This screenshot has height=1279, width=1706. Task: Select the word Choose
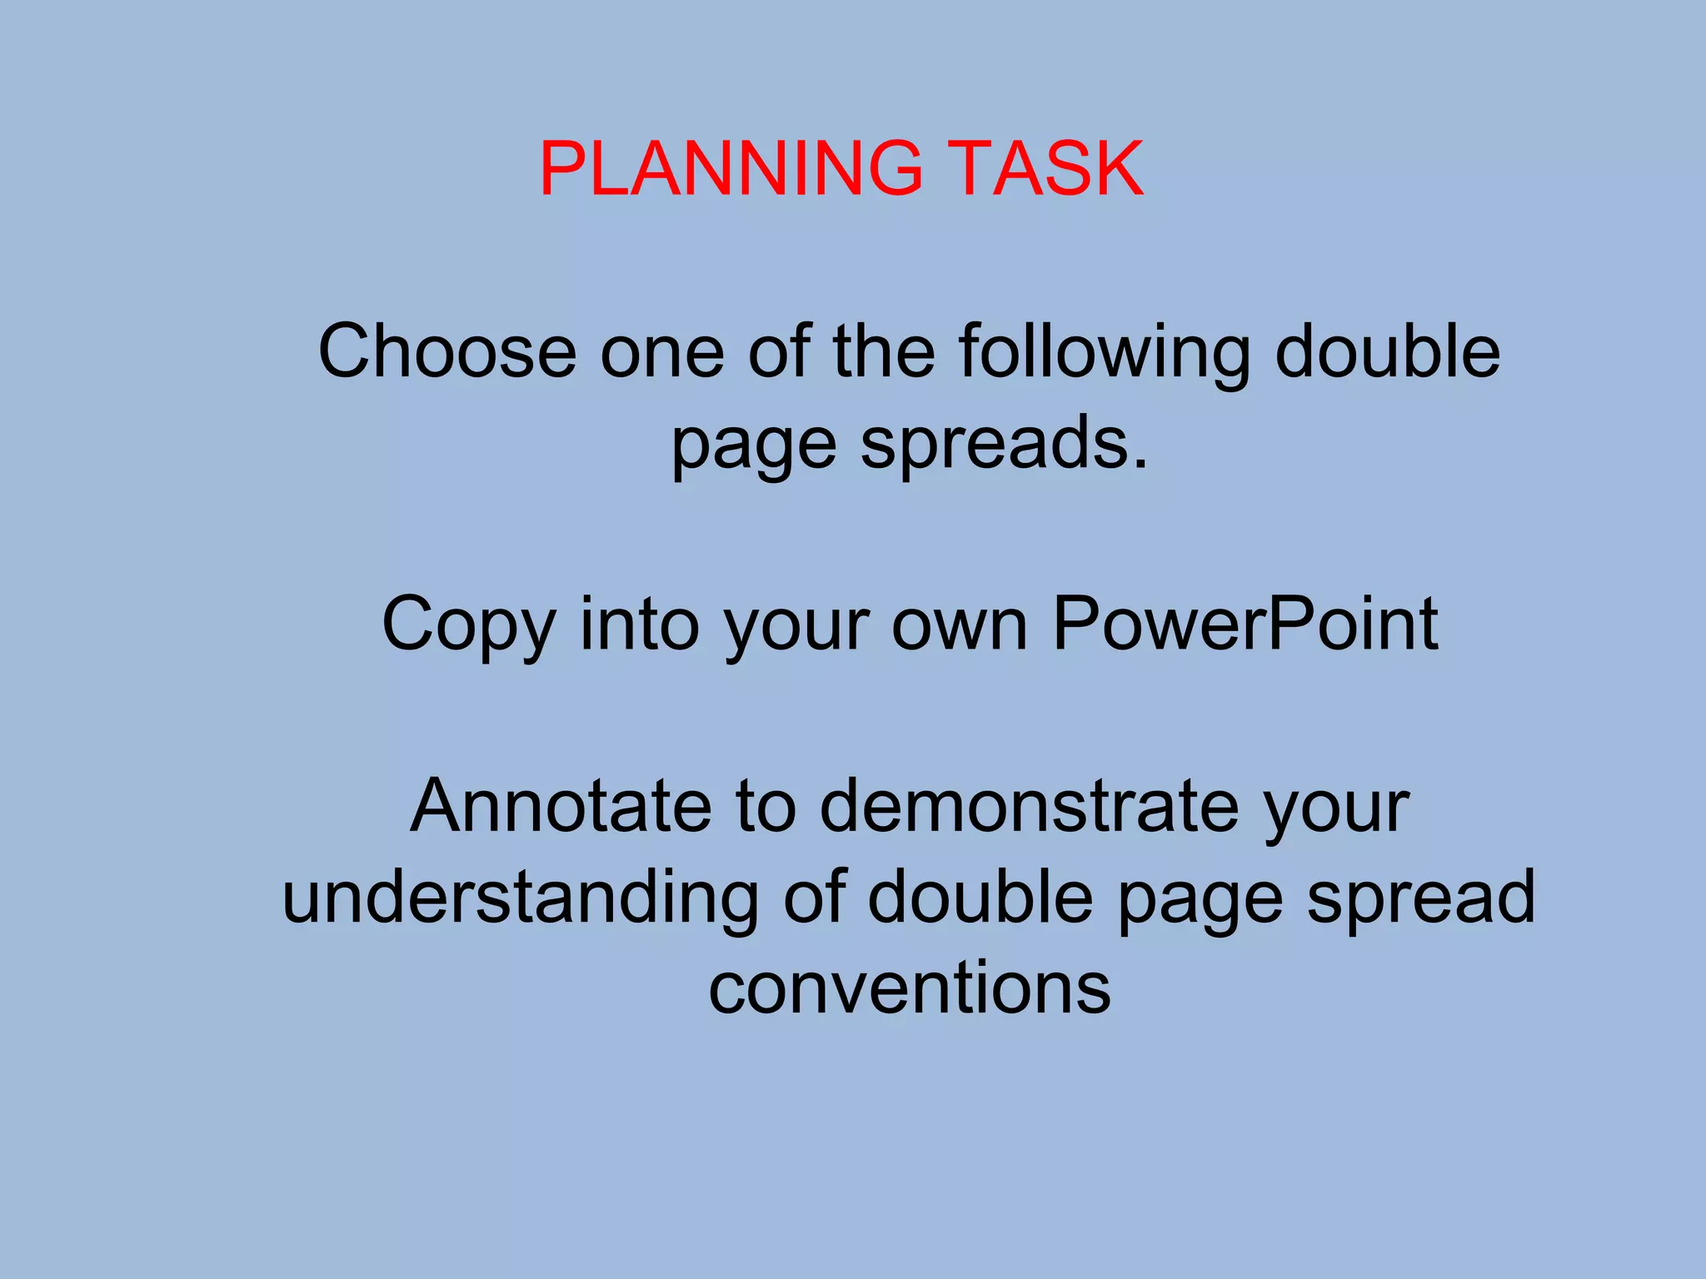[447, 351]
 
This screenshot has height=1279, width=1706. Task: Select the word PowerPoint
[1245, 625]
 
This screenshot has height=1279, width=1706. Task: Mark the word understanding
[521, 898]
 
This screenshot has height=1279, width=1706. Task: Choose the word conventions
[910, 988]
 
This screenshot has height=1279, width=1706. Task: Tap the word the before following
[884, 351]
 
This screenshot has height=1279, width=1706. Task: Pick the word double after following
[1388, 351]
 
